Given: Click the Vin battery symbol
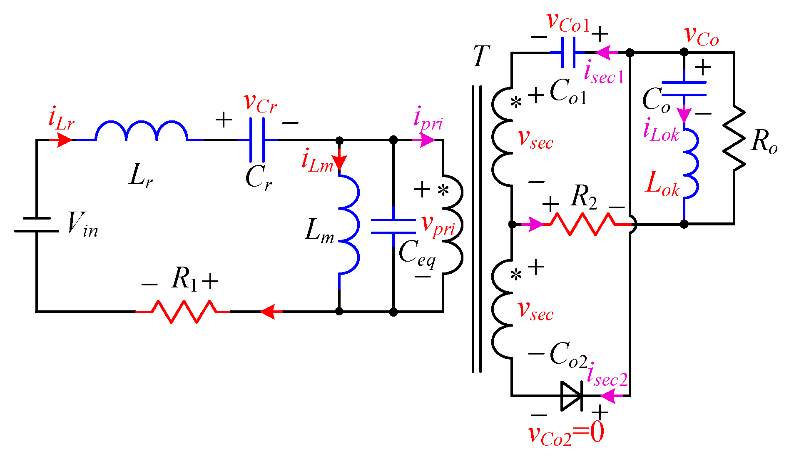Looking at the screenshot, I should (37, 225).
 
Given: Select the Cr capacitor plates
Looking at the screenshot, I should (257, 140).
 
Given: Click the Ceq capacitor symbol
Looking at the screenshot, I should (393, 226).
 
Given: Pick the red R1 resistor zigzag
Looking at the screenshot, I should (183, 312).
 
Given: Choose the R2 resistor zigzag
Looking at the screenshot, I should (583, 224).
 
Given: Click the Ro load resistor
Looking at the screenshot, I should (734, 137).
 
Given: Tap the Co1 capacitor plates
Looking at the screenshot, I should (568, 52).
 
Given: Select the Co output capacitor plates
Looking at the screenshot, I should (684, 89).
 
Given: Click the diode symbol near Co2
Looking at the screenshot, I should (572, 396).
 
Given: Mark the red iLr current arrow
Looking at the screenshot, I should (62, 140).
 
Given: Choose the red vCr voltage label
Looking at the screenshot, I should (260, 102).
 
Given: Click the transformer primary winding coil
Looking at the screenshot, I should (453, 225).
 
